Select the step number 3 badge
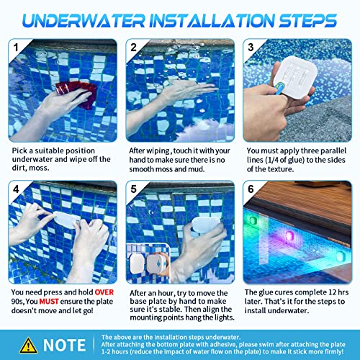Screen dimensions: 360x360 pos(250,48)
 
